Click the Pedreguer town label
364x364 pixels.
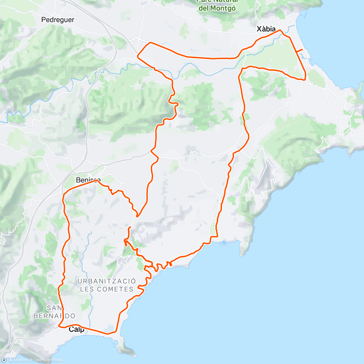click(58, 20)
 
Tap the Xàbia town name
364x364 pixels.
click(266, 29)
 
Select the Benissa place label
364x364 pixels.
click(88, 180)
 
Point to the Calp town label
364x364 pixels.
click(76, 329)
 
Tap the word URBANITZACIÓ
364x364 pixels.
click(107, 281)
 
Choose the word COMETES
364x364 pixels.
click(115, 289)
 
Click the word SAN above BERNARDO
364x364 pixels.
click(55, 308)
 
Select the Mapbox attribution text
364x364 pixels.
click(21, 360)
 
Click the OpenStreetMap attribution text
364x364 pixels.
click(48, 360)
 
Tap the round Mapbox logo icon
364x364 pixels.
click(4, 360)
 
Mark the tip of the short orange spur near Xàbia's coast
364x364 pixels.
click(302, 49)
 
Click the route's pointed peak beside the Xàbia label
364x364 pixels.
click(280, 30)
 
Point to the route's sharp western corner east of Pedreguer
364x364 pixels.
click(138, 56)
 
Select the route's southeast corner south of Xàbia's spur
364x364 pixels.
click(304, 80)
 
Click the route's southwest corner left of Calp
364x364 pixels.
click(59, 326)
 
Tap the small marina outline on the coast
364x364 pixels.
click(223, 243)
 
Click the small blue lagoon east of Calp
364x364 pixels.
click(109, 329)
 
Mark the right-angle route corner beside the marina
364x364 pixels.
click(217, 236)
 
